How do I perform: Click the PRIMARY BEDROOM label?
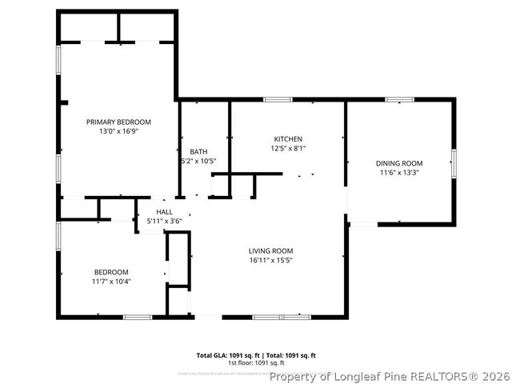tap(118, 122)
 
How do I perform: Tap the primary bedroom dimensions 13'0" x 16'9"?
tap(118, 131)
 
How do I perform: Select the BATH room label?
tap(198, 151)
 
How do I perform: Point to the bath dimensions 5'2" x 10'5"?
tap(198, 161)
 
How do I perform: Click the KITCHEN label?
tap(288, 138)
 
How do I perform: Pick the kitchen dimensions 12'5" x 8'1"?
tap(288, 148)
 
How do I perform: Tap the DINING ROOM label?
tap(399, 163)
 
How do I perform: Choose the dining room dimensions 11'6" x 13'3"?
tap(399, 173)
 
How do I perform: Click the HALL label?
tap(164, 212)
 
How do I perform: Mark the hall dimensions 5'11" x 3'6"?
tap(164, 221)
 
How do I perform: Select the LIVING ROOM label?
tap(271, 250)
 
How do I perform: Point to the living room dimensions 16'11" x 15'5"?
tap(271, 260)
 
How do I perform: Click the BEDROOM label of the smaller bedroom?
tap(111, 272)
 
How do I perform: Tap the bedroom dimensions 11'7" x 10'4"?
tap(111, 282)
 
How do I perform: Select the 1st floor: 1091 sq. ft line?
tap(256, 363)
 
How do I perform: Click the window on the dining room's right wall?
tap(454, 163)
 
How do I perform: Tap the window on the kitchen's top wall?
tap(277, 100)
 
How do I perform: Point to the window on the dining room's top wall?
tap(399, 100)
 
